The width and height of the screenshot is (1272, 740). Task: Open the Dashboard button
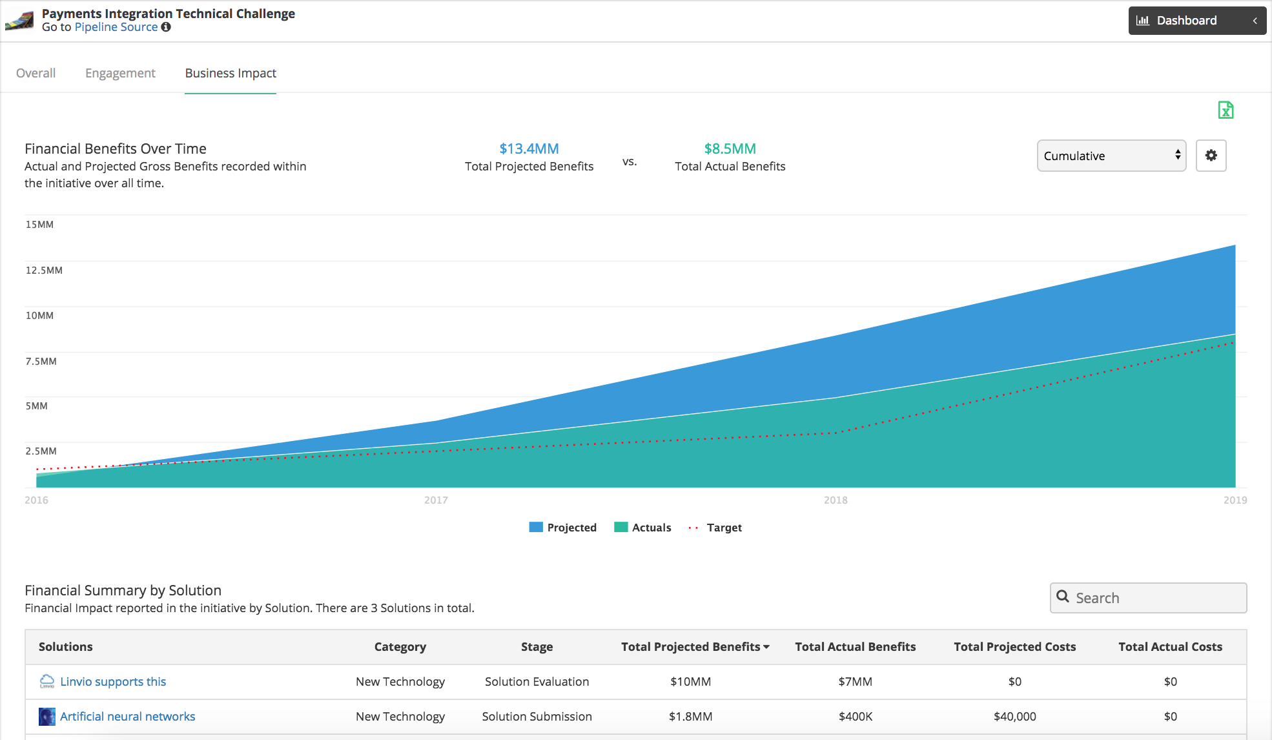pyautogui.click(x=1196, y=21)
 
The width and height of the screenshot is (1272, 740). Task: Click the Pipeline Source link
pyautogui.click(x=116, y=27)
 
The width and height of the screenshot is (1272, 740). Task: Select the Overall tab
pyautogui.click(x=36, y=73)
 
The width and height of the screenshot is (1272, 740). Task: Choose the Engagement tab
pyautogui.click(x=120, y=73)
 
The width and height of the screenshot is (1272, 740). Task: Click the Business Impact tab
pyautogui.click(x=231, y=73)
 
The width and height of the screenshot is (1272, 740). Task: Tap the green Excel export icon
pyautogui.click(x=1226, y=110)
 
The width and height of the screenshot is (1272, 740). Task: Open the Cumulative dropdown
pyautogui.click(x=1111, y=156)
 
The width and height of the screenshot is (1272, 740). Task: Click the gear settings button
pyautogui.click(x=1211, y=156)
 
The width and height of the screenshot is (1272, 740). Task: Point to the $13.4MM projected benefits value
pyautogui.click(x=529, y=149)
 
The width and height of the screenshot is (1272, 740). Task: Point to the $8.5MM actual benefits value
pyautogui.click(x=730, y=149)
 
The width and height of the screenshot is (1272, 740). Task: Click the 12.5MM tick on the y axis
pyautogui.click(x=44, y=270)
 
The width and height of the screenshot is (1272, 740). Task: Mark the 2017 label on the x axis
pyautogui.click(x=436, y=500)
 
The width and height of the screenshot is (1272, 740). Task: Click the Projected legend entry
pyautogui.click(x=562, y=528)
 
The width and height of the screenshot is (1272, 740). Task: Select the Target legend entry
pyautogui.click(x=715, y=528)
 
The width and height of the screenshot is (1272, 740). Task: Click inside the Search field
pyautogui.click(x=1148, y=598)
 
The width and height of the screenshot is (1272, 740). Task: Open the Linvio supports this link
pyautogui.click(x=113, y=682)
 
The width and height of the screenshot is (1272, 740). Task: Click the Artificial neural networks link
pyautogui.click(x=127, y=717)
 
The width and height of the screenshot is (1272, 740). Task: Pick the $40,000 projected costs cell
pyautogui.click(x=1014, y=717)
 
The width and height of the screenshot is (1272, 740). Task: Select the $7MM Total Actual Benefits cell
pyautogui.click(x=855, y=682)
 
